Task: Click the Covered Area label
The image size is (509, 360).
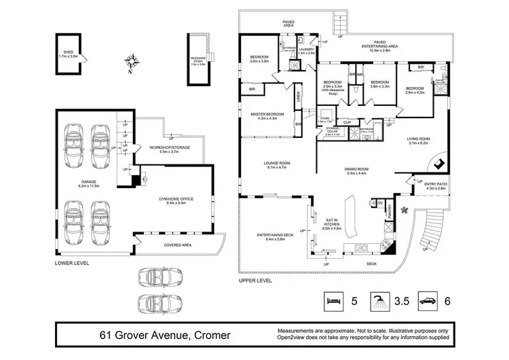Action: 176,244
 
